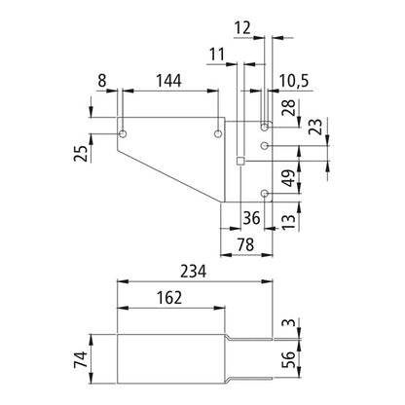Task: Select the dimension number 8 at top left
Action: (103, 82)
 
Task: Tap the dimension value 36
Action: (251, 218)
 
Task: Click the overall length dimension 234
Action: (193, 275)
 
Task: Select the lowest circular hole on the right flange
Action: (266, 193)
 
